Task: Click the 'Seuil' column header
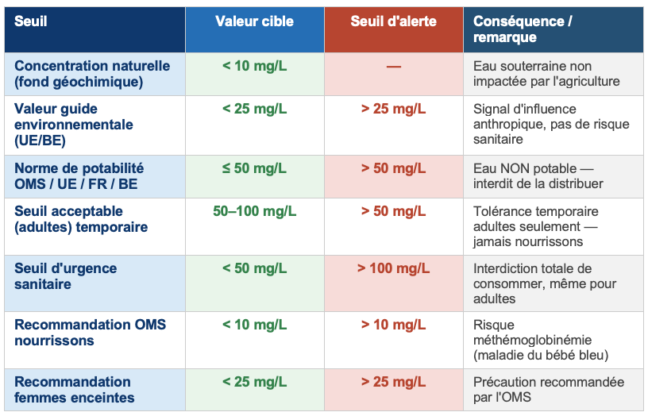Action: pos(31,21)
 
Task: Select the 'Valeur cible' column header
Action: pos(254,21)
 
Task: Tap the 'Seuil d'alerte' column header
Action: pos(393,21)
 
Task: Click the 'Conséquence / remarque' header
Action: pos(522,29)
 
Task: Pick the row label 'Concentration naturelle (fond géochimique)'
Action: pos(92,73)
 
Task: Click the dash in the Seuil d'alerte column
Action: pos(393,66)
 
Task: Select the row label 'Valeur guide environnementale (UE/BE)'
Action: pos(74,125)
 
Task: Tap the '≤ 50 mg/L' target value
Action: pos(254,168)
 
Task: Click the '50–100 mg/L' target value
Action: pos(254,211)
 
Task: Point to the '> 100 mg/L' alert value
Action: pos(393,268)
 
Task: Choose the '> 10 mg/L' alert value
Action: pos(393,325)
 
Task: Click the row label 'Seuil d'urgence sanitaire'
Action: pos(65,276)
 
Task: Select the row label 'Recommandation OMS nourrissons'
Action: pos(90,333)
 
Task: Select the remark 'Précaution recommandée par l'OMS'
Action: pos(548,390)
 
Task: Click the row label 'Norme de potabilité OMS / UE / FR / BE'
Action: pos(79,176)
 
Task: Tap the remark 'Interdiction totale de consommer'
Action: pos(540,283)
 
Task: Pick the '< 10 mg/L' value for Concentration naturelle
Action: pos(254,66)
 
